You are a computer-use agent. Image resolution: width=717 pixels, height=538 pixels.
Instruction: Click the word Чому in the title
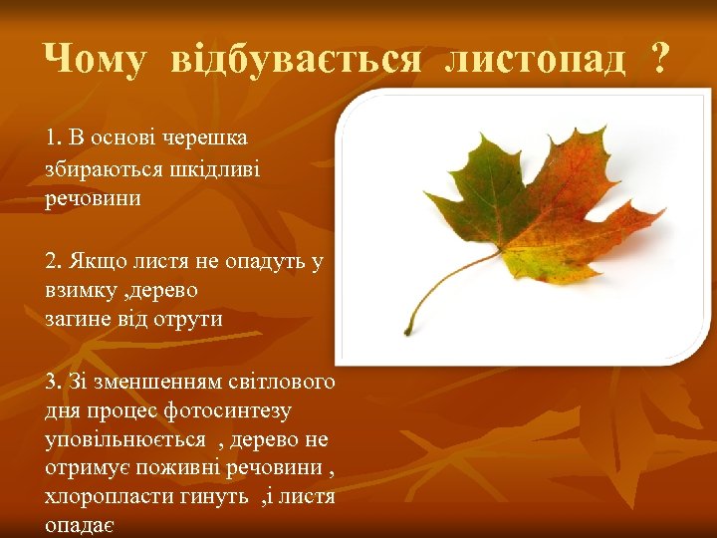[95, 60]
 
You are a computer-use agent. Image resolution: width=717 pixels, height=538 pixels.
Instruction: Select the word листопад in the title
[535, 60]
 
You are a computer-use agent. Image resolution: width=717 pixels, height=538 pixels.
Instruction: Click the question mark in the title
[657, 60]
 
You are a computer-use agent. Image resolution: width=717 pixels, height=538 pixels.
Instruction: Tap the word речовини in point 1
[93, 198]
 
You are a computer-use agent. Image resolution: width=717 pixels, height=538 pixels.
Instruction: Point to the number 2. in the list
[54, 261]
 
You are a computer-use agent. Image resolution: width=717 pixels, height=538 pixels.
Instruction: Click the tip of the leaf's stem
[408, 332]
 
